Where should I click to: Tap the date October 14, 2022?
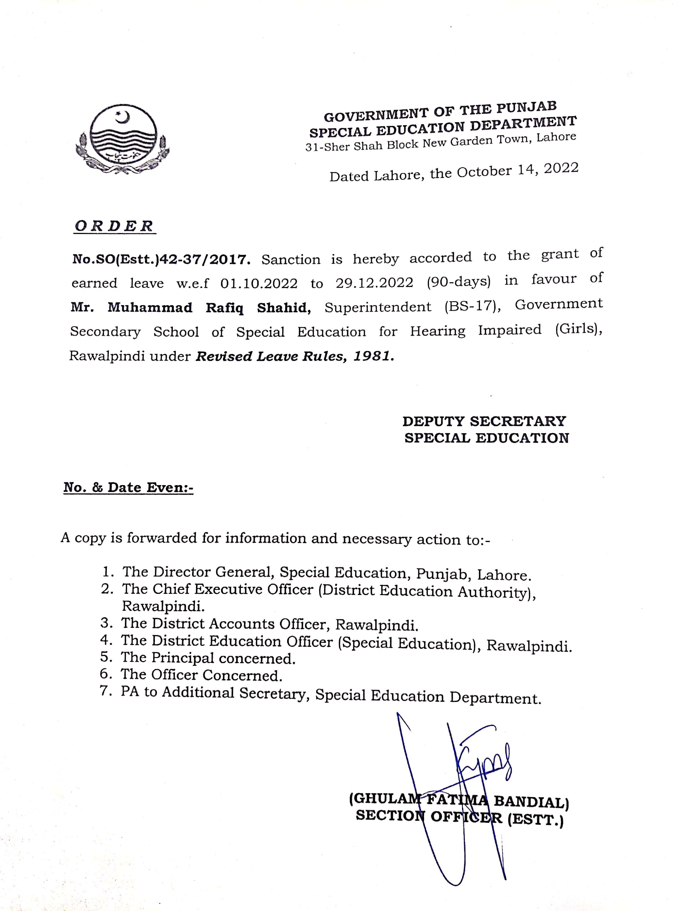(x=517, y=170)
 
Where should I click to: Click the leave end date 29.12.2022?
(x=374, y=282)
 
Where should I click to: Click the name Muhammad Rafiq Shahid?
(x=209, y=308)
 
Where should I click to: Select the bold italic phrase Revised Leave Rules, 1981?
(x=295, y=356)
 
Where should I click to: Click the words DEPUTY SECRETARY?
(x=484, y=421)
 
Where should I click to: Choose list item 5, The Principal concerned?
(x=208, y=658)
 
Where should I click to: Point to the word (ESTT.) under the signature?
(x=535, y=820)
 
